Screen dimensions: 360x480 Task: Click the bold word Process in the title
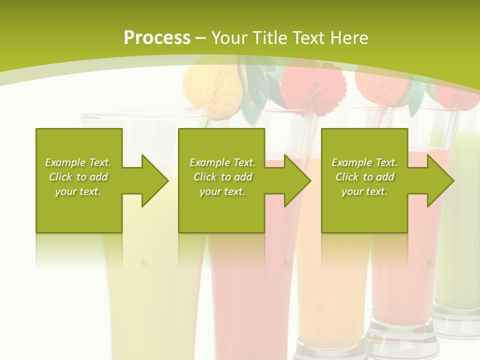pos(157,38)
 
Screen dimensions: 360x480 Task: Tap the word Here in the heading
pos(349,38)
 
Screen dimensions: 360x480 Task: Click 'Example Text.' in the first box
pos(78,162)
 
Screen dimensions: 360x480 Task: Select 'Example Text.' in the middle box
pos(222,162)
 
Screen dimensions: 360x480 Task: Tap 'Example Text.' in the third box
pos(364,162)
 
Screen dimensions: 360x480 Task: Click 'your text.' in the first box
pos(78,191)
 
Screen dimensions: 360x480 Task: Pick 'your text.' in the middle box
pos(222,191)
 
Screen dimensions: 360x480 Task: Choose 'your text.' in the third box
pos(364,191)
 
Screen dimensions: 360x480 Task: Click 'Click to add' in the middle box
pos(222,177)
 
